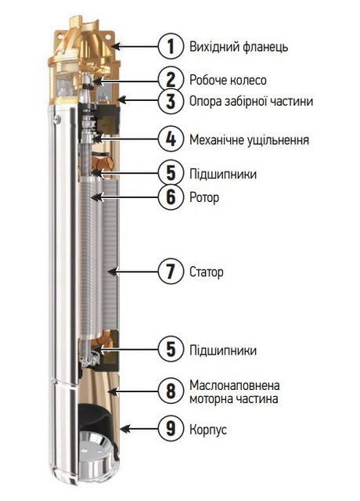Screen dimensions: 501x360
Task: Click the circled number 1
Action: [167, 45]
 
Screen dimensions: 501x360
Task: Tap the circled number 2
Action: [167, 79]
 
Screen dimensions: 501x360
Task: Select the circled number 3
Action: [167, 100]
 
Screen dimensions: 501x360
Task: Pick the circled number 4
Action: [167, 139]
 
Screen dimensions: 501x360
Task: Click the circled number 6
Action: [167, 197]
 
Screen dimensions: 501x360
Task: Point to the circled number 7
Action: [167, 272]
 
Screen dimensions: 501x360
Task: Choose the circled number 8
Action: [167, 392]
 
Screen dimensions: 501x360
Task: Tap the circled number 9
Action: [167, 429]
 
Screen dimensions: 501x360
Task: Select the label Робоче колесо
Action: [228, 80]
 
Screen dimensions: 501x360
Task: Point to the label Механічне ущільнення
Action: [249, 140]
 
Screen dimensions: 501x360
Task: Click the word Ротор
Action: [204, 198]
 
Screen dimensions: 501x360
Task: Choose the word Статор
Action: [207, 273]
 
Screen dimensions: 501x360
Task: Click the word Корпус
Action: [209, 430]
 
